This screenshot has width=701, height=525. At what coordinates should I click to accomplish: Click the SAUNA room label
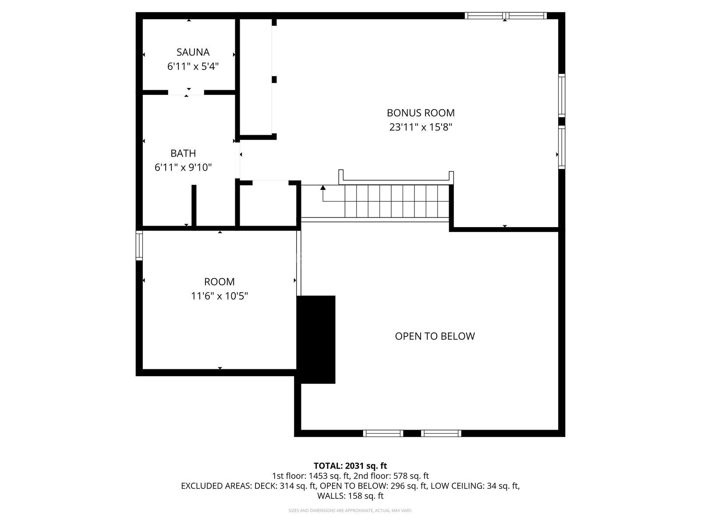(x=193, y=52)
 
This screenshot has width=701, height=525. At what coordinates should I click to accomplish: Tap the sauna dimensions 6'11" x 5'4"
(x=193, y=66)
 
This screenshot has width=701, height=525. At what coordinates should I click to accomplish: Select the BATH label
(x=183, y=153)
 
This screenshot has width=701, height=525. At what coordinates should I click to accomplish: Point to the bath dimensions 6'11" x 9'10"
(x=183, y=167)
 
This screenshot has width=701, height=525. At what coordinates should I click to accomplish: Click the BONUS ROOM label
(x=421, y=113)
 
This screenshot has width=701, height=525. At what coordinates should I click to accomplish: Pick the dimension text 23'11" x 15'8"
(x=421, y=127)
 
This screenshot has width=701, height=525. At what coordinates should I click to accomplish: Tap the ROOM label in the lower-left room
(x=219, y=282)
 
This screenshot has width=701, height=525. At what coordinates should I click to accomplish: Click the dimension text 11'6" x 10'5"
(x=219, y=296)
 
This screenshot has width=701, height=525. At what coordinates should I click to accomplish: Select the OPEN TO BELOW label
(x=435, y=336)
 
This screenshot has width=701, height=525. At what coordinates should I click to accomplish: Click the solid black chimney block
(x=316, y=339)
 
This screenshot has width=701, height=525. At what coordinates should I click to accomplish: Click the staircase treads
(x=397, y=201)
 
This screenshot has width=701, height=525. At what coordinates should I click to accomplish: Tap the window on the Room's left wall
(x=139, y=245)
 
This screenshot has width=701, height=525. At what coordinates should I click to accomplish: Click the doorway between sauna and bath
(x=186, y=92)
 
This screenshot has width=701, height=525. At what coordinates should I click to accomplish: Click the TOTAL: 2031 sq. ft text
(x=350, y=466)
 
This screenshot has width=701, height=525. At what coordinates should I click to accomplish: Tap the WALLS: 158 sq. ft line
(x=350, y=496)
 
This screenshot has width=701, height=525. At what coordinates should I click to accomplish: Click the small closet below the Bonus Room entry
(x=268, y=205)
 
